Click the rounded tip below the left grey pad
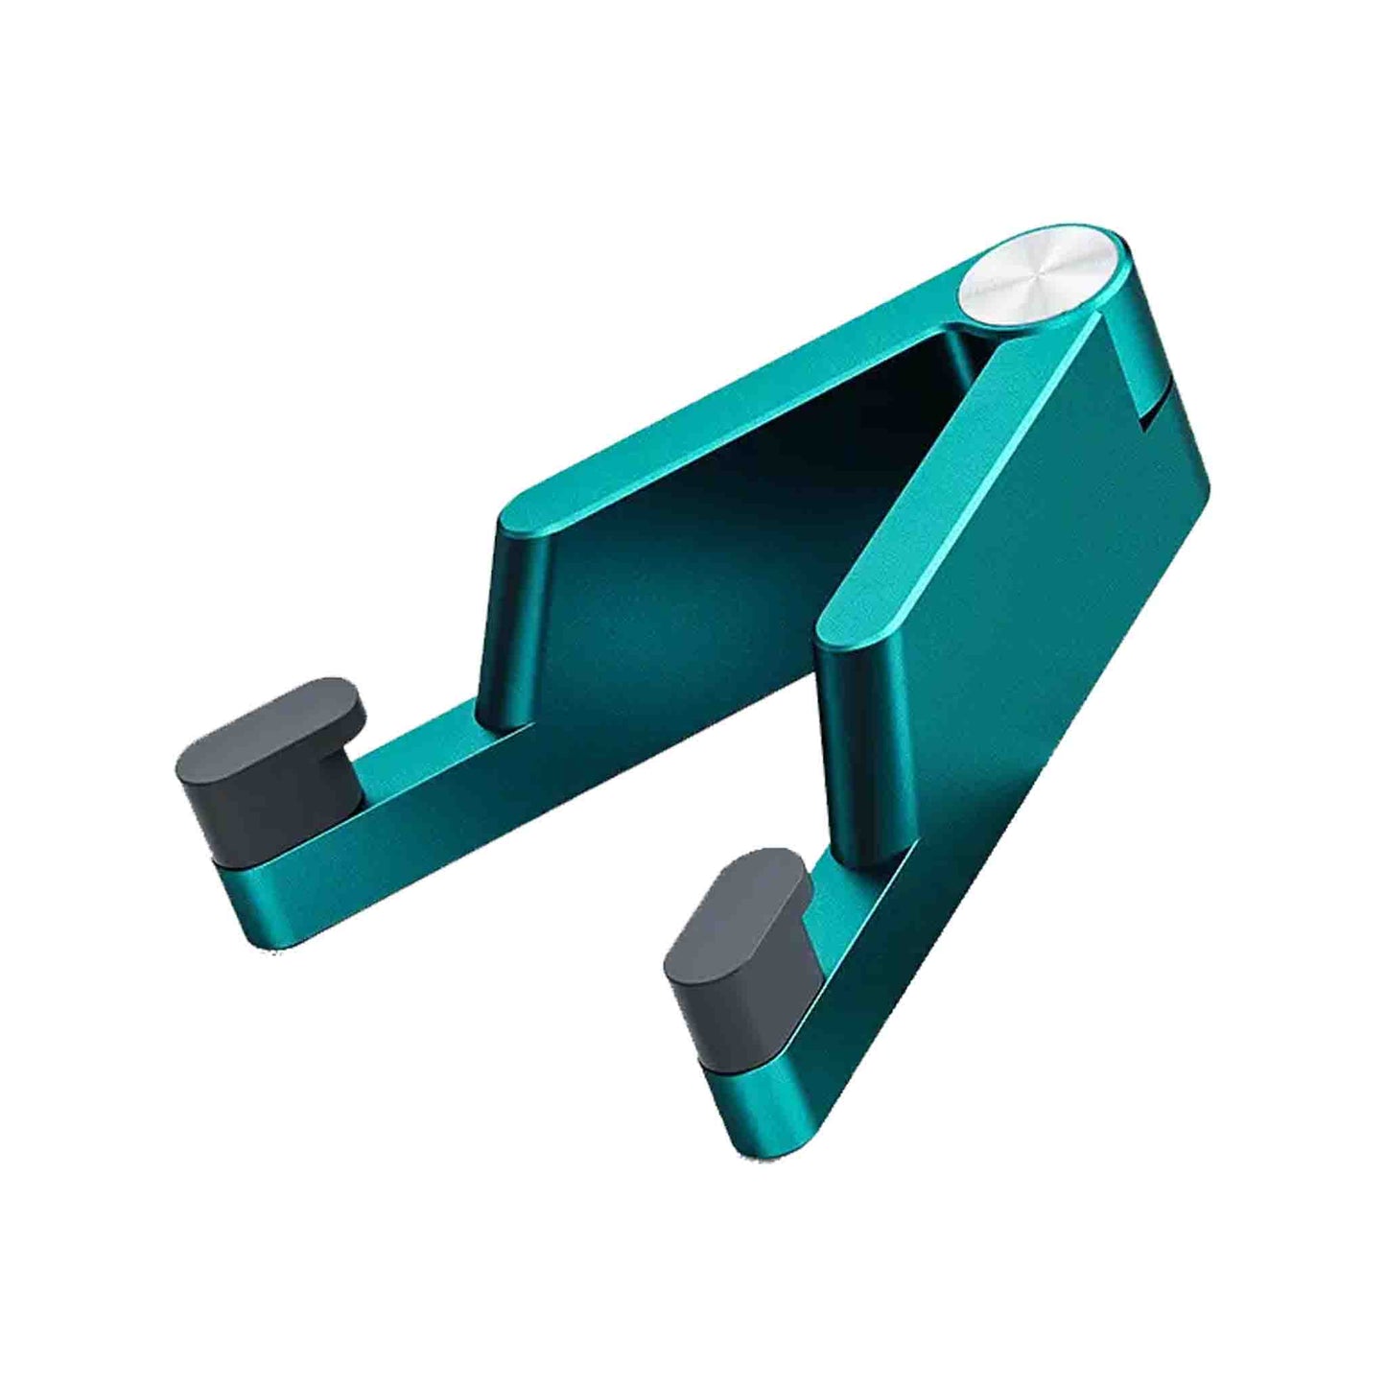click(251, 906)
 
